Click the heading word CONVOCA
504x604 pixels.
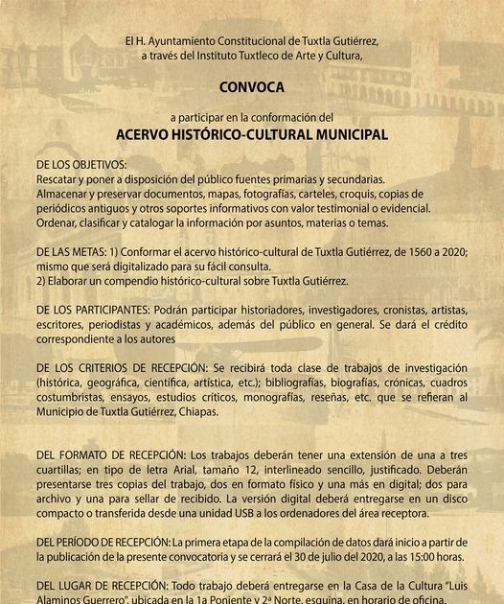point(252,87)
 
